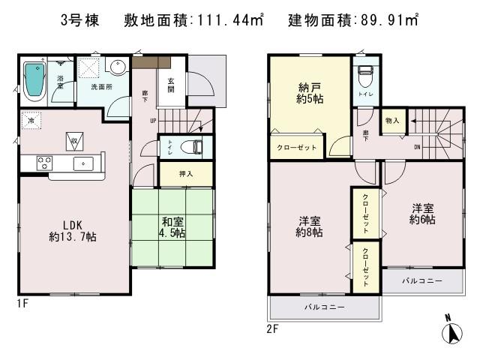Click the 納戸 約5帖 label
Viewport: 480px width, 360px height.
point(309,92)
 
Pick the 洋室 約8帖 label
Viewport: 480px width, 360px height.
point(309,226)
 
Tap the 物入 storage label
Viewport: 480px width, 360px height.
point(392,120)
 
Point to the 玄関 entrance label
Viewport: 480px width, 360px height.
point(171,85)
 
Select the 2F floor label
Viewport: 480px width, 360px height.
point(271,327)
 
